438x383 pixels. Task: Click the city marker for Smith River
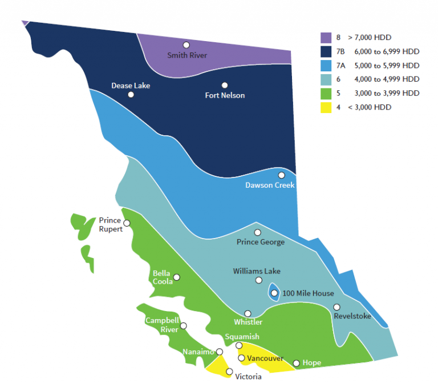(x=186, y=45)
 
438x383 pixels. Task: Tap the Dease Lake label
(x=131, y=86)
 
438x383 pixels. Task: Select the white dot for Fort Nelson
(x=225, y=85)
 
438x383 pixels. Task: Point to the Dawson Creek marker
(x=281, y=175)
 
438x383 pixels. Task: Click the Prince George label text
(x=260, y=242)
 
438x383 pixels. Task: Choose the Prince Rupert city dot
(x=127, y=223)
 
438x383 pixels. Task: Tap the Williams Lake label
(x=257, y=271)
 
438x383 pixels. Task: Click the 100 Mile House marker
(x=274, y=293)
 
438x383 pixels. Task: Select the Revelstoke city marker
(x=336, y=307)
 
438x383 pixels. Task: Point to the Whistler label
(x=248, y=322)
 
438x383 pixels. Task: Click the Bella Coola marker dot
(x=177, y=277)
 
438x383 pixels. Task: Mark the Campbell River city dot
(x=183, y=327)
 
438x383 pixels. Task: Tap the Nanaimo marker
(x=220, y=352)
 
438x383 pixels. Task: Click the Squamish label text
(x=242, y=337)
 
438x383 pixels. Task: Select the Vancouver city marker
(x=241, y=358)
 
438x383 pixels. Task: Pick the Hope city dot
(x=296, y=363)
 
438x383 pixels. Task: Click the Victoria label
(x=248, y=376)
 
